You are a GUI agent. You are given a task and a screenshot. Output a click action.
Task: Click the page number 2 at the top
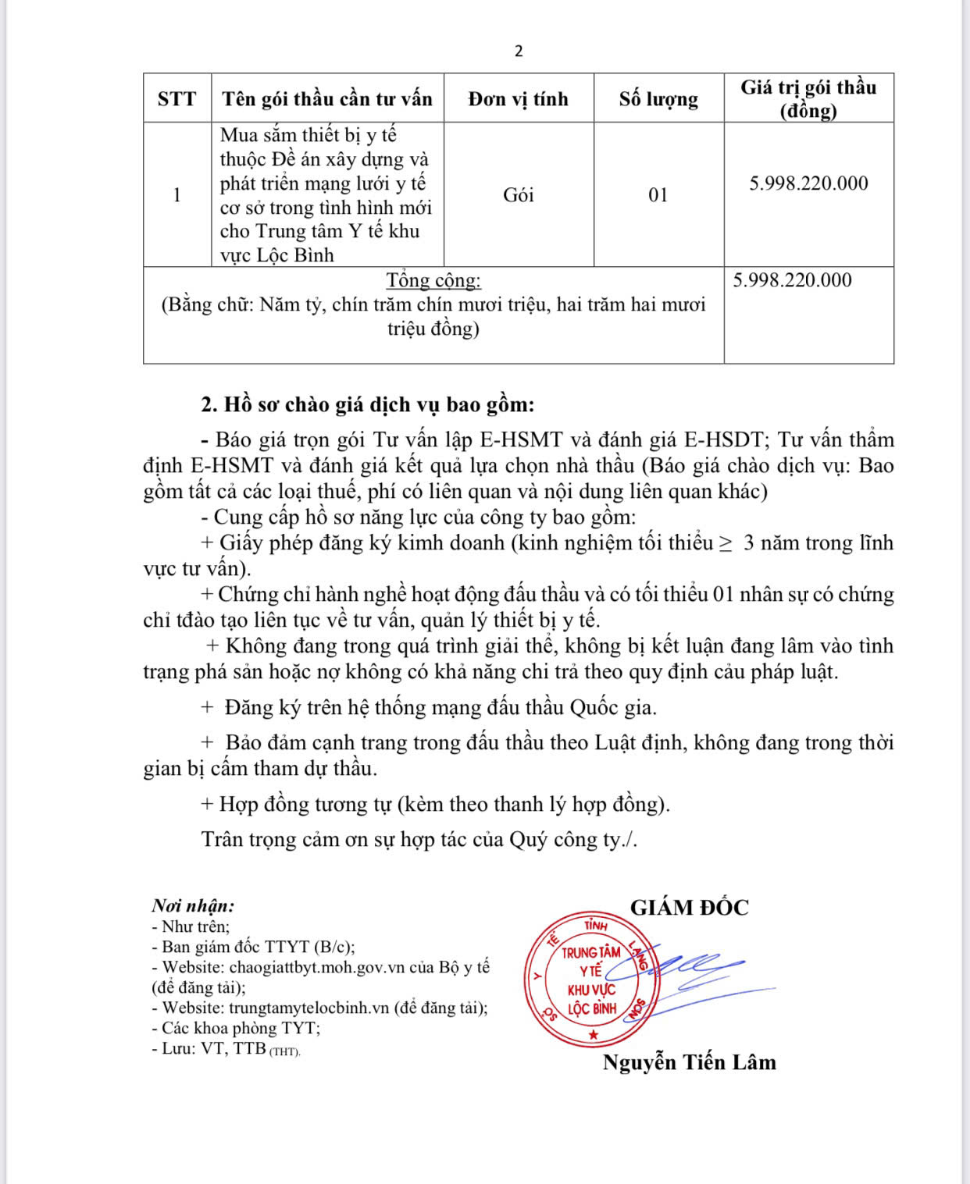click(519, 52)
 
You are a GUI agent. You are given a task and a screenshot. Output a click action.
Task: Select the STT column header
click(177, 99)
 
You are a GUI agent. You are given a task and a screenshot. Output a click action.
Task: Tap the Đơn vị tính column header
click(519, 99)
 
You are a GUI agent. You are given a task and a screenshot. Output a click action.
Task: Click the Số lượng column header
click(658, 99)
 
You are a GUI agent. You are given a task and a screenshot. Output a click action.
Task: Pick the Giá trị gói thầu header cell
click(808, 98)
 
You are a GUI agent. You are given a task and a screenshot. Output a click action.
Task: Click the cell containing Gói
click(519, 194)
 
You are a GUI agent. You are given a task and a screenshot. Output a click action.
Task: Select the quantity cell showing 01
click(658, 194)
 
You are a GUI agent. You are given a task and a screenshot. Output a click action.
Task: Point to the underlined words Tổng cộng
click(433, 280)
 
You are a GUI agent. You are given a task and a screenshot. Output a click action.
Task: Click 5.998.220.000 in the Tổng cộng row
click(792, 280)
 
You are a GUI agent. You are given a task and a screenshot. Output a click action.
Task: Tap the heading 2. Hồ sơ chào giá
click(368, 405)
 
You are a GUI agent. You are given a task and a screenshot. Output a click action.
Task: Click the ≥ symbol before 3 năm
click(726, 543)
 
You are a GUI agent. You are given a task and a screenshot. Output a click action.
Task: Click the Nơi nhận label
click(193, 906)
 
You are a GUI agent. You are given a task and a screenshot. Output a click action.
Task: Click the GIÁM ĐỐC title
click(689, 908)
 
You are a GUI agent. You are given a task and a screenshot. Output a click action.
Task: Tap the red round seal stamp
click(592, 980)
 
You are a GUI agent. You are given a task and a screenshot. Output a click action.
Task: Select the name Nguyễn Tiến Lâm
click(690, 1062)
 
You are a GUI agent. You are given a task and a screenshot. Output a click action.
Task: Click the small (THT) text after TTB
click(285, 1051)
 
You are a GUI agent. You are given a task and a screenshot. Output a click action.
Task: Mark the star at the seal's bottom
click(593, 1035)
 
